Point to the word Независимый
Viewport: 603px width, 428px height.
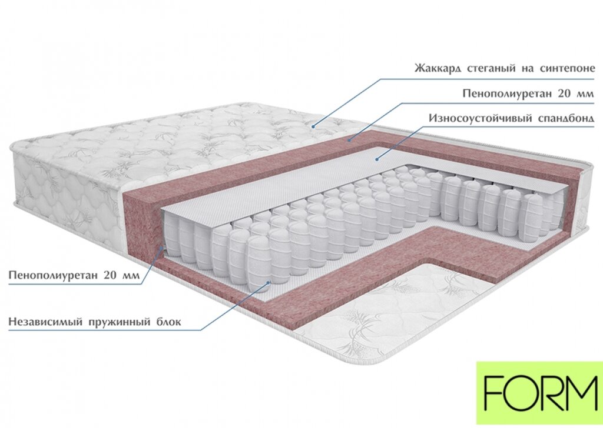point(44,322)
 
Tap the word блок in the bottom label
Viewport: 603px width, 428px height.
point(167,322)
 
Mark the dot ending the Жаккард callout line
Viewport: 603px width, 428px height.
point(314,125)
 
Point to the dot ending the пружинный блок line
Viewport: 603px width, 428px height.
point(269,282)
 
